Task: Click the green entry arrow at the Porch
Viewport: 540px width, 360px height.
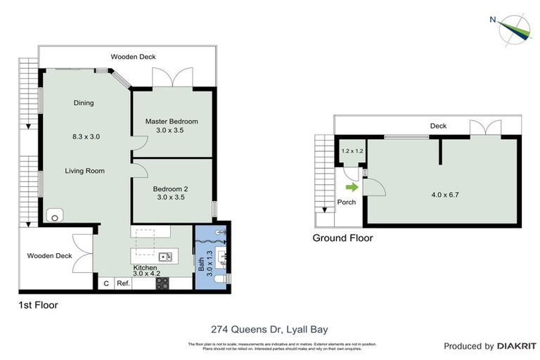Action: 352,187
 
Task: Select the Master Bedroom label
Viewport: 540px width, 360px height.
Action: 172,121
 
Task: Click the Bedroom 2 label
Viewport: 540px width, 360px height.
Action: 170,188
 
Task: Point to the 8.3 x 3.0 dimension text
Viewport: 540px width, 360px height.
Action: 86,137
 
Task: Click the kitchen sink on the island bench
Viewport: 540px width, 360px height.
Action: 165,256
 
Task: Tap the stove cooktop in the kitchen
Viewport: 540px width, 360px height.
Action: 162,283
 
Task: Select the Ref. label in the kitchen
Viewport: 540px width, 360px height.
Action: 124,283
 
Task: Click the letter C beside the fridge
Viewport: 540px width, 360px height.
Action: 106,283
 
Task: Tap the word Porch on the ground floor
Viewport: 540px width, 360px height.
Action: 347,202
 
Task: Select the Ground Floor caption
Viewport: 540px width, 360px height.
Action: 342,238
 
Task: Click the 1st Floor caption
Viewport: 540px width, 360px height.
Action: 38,305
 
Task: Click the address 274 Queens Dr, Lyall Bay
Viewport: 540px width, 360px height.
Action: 270,328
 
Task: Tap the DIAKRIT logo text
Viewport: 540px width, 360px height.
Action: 517,346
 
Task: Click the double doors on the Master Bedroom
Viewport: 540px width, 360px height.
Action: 172,78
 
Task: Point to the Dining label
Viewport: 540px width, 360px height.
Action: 84,103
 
